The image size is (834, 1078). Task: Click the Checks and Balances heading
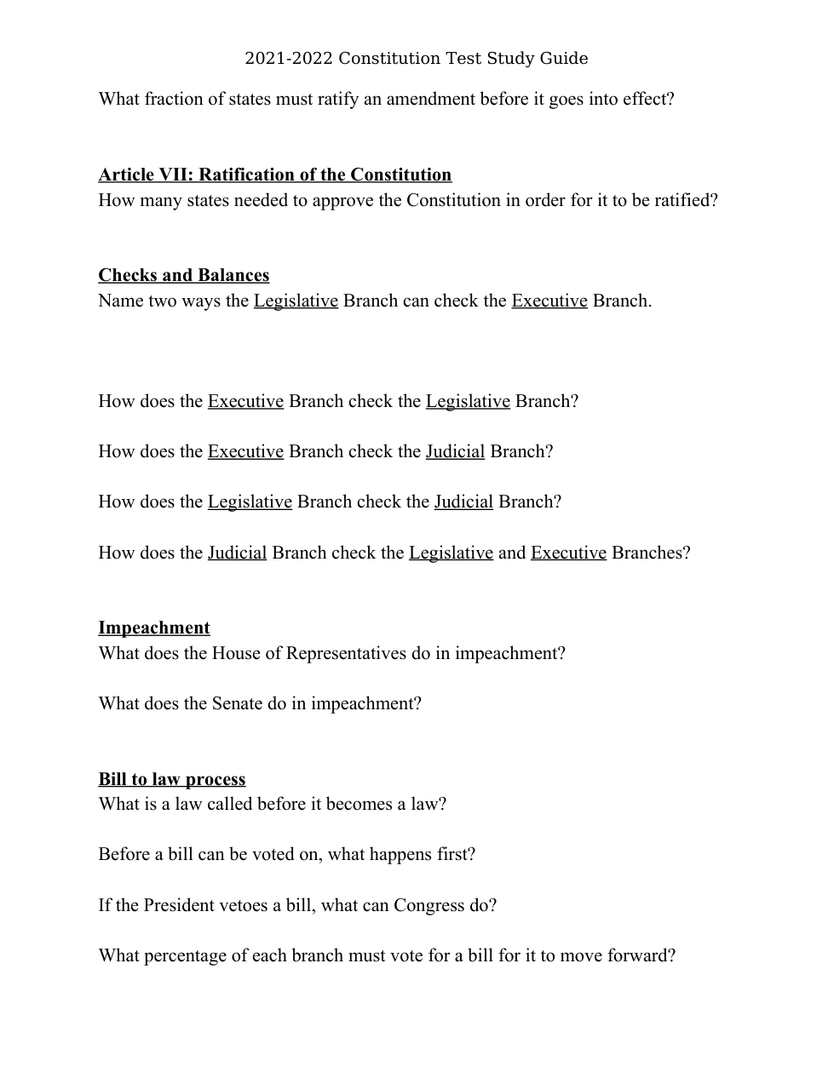pos(183,275)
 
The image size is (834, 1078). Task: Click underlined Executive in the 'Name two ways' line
pos(549,301)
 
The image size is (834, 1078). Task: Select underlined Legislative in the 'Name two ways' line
pos(296,301)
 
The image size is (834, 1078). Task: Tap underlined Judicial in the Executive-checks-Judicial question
pos(455,451)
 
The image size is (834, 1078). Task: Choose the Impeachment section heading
pos(153,628)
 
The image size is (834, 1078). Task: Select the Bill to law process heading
pos(171,779)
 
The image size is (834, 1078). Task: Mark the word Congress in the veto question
pos(429,905)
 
